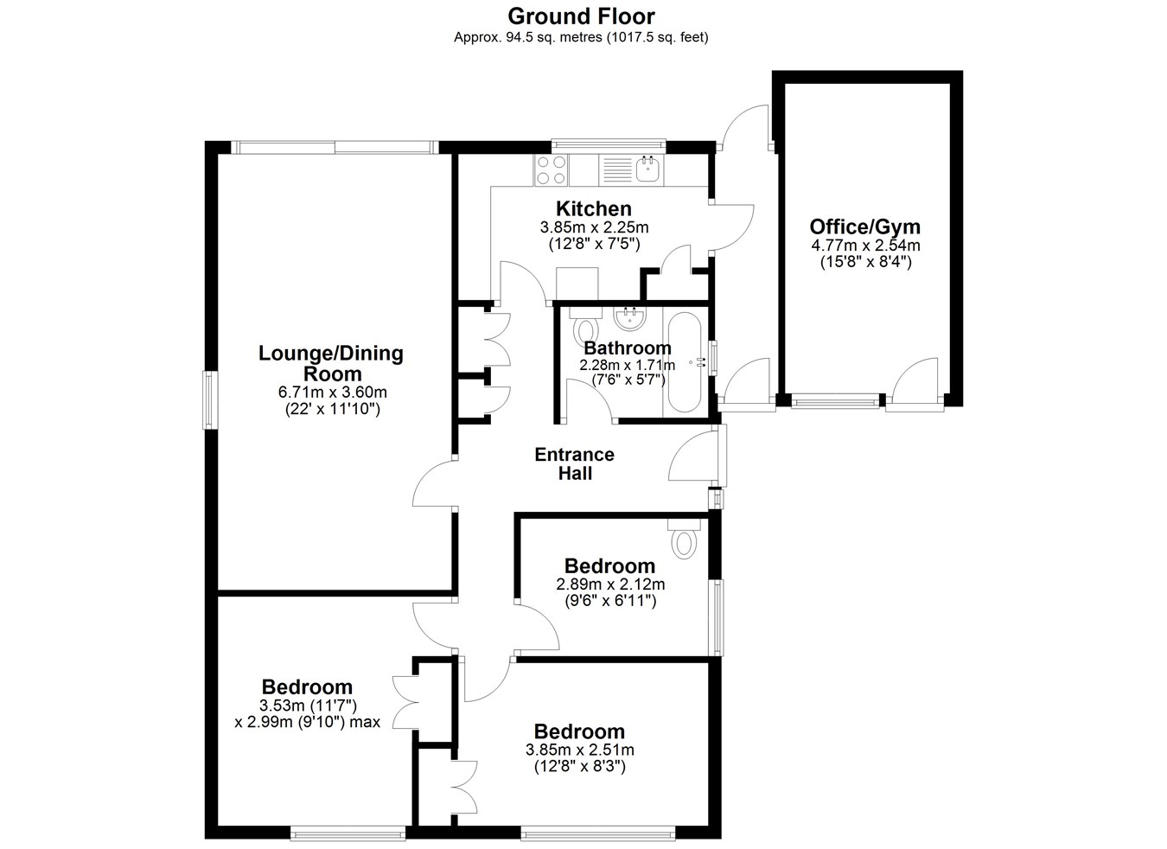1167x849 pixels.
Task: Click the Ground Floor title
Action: pyautogui.click(x=581, y=16)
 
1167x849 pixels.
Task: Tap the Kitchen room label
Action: pyautogui.click(x=594, y=208)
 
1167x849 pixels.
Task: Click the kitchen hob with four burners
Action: pyautogui.click(x=552, y=170)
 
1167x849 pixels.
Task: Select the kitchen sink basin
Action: pyautogui.click(x=649, y=169)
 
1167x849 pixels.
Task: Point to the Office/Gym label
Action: pyautogui.click(x=864, y=227)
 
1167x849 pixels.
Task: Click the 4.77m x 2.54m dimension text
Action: pyautogui.click(x=866, y=245)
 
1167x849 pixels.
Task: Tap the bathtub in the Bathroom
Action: pyautogui.click(x=685, y=362)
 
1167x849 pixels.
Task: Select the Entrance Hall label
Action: pyautogui.click(x=575, y=464)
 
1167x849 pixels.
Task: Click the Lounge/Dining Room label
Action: pyautogui.click(x=331, y=363)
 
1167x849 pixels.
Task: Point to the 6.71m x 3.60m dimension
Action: pyautogui.click(x=333, y=392)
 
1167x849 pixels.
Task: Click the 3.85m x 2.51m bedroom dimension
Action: pyautogui.click(x=580, y=750)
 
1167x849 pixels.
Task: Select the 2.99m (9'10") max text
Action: pyautogui.click(x=308, y=723)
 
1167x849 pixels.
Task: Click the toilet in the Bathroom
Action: pyautogui.click(x=585, y=325)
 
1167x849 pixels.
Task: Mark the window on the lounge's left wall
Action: pyautogui.click(x=210, y=399)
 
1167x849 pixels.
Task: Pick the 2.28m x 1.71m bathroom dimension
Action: pyautogui.click(x=628, y=365)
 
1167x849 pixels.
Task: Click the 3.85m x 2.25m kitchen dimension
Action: pyautogui.click(x=595, y=227)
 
